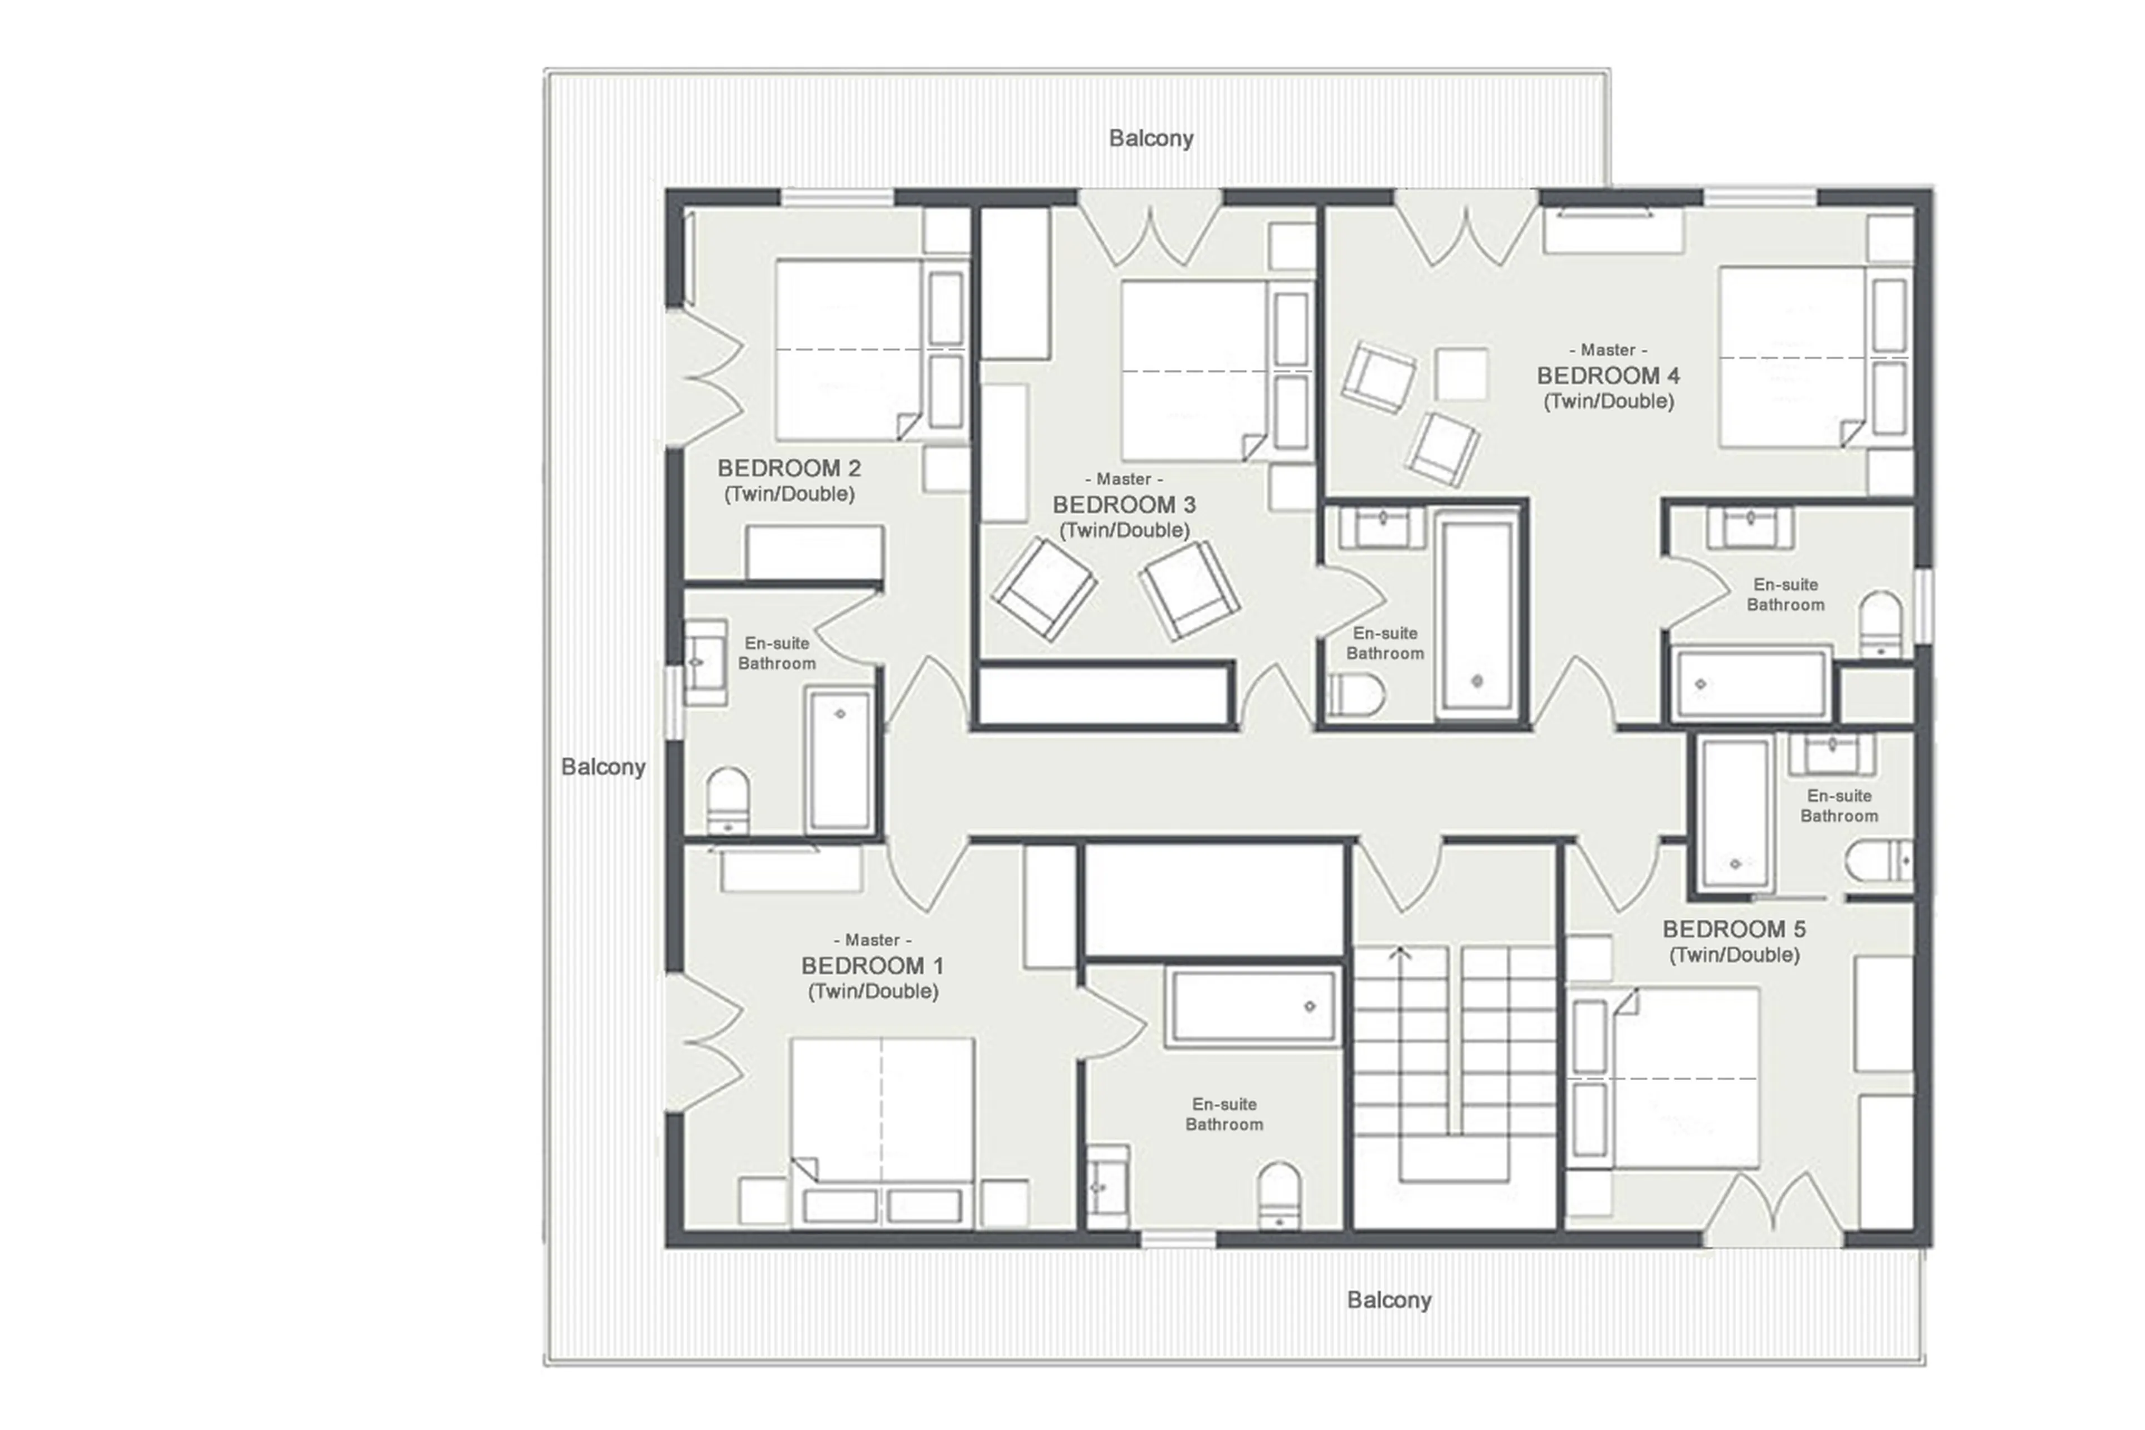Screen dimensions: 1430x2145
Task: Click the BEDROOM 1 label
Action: [x=871, y=965]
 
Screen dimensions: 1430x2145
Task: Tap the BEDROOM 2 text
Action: [x=789, y=468]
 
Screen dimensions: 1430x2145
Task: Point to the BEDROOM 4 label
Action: [x=1607, y=375]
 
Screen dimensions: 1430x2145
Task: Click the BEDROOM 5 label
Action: [x=1733, y=928]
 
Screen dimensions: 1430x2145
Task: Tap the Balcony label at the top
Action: [x=1151, y=137]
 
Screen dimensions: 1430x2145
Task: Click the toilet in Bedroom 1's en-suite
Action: [x=1278, y=1195]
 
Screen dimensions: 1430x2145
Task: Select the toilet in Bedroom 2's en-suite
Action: [x=727, y=800]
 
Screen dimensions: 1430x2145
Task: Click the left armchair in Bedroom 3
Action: [x=1044, y=588]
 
